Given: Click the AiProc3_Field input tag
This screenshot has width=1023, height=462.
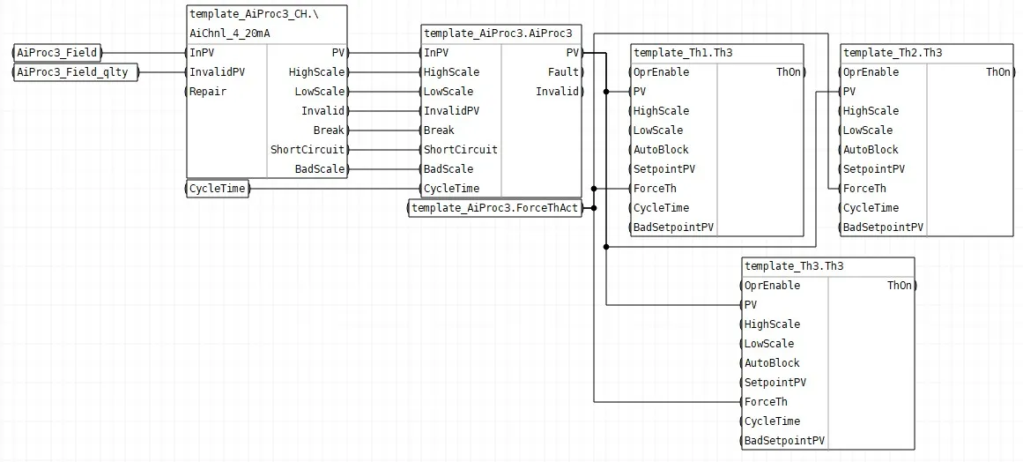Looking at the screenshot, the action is click(57, 53).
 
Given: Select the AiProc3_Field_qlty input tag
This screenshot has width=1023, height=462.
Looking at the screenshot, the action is click(76, 72).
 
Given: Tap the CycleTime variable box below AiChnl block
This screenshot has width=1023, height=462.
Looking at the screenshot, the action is click(218, 190).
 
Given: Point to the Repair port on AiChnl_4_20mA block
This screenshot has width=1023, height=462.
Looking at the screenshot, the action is click(207, 92).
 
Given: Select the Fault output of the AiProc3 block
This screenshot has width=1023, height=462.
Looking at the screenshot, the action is click(563, 72).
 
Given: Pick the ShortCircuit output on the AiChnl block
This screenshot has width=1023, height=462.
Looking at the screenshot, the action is click(308, 149).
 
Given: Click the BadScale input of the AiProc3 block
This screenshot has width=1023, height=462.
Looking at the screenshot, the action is click(448, 169).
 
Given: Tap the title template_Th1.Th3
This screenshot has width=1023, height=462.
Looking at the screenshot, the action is click(683, 53).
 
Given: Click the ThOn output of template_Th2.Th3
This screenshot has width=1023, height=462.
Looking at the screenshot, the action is click(998, 72).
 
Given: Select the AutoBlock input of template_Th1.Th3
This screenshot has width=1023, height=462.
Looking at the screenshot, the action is click(661, 149).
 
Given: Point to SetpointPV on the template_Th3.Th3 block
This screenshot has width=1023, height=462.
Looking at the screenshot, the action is click(775, 383).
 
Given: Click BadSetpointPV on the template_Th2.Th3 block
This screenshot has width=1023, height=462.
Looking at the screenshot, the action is click(884, 227).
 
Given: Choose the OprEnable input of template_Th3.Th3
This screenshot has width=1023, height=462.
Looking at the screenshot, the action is click(772, 286).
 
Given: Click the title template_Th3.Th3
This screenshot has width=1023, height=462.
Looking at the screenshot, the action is click(794, 266).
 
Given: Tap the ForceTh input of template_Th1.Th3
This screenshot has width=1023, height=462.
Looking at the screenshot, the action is click(655, 189).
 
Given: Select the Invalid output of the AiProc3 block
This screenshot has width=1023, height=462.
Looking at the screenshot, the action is click(557, 92).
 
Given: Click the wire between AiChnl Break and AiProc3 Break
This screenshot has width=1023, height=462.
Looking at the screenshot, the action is click(384, 130).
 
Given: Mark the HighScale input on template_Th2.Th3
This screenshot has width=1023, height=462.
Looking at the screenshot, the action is click(871, 111).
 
